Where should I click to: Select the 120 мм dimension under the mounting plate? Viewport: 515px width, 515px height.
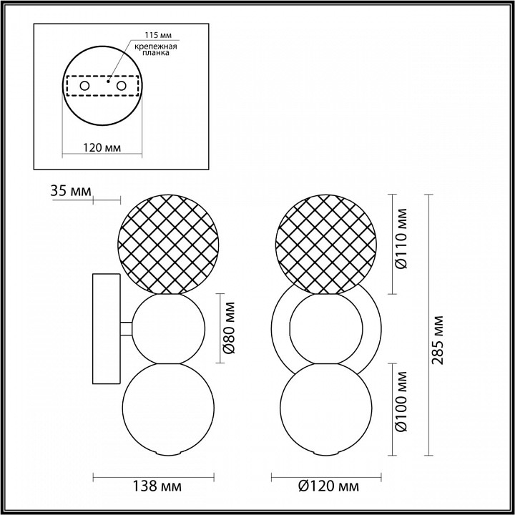102,147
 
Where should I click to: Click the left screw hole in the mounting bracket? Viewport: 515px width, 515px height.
84,86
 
